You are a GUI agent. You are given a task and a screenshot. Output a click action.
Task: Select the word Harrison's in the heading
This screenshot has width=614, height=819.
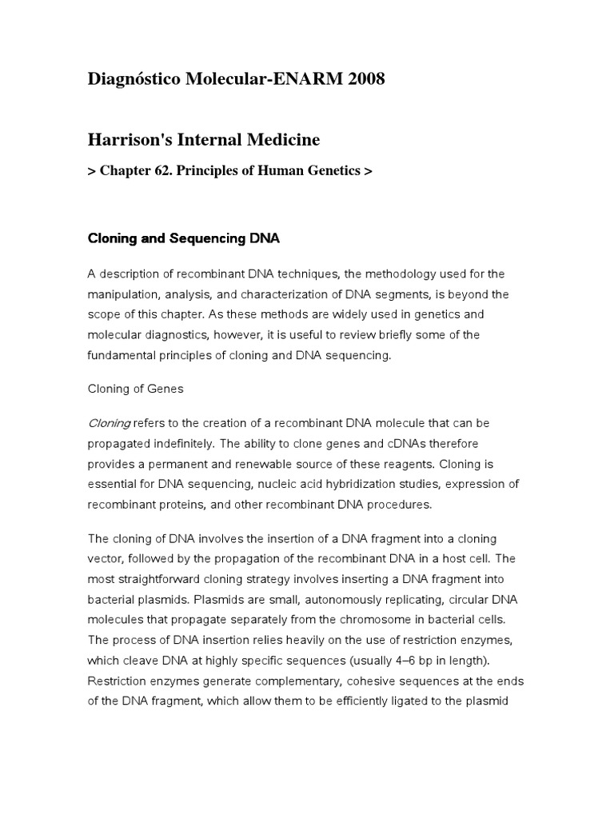point(128,140)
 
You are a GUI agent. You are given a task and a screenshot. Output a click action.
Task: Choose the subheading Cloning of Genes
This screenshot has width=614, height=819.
point(135,389)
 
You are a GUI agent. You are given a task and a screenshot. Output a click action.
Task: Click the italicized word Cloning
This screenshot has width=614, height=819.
point(109,422)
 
